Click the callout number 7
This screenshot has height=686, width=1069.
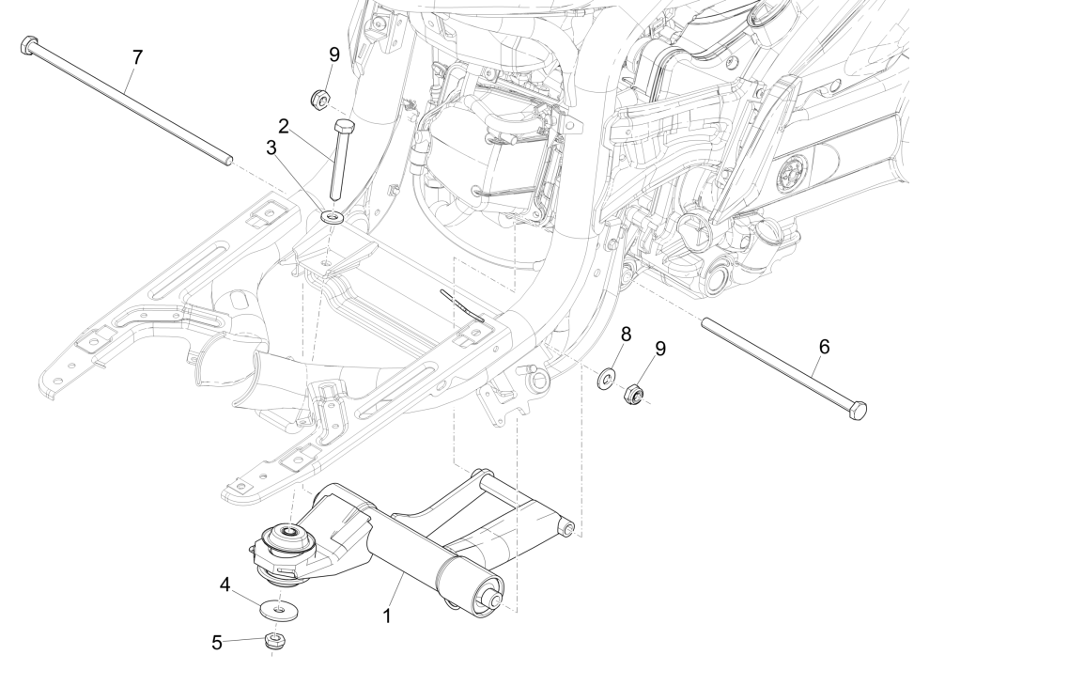click(x=137, y=57)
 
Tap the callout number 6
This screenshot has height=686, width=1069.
click(x=824, y=347)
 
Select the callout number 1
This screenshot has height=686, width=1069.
click(x=388, y=616)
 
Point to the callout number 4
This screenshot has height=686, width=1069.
click(x=225, y=584)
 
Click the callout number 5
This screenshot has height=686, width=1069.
click(x=217, y=643)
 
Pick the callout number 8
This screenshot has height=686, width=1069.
click(x=626, y=335)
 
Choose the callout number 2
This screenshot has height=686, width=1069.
click(x=283, y=125)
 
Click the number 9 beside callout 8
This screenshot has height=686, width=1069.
click(x=660, y=349)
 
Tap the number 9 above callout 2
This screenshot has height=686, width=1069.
click(x=333, y=55)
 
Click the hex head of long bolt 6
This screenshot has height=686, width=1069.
click(x=857, y=410)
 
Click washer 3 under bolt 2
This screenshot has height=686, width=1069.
click(x=333, y=218)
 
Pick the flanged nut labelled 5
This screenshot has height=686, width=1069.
click(x=274, y=642)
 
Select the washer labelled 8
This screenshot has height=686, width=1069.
click(x=609, y=379)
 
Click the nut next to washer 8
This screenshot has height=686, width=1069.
click(x=633, y=394)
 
